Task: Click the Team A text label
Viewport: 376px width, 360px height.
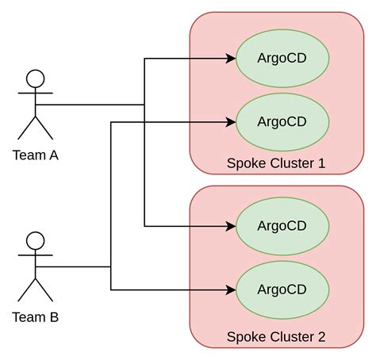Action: (x=35, y=155)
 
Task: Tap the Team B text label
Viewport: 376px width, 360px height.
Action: (x=35, y=317)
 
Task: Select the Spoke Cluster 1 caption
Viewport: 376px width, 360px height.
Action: (x=276, y=164)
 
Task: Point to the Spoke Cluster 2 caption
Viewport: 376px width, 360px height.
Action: (x=276, y=337)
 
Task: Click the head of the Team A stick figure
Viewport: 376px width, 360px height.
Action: (x=35, y=79)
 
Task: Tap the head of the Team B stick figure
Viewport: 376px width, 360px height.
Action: (x=35, y=241)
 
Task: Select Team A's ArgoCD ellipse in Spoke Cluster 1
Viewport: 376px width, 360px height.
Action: (x=282, y=58)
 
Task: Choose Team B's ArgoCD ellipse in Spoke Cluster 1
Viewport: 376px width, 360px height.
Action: (x=282, y=121)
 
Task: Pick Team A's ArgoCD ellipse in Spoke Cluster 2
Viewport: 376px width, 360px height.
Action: (x=282, y=226)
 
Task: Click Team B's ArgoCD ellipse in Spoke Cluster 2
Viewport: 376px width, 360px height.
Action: (x=282, y=289)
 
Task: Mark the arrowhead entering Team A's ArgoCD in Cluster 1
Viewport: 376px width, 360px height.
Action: (x=232, y=58)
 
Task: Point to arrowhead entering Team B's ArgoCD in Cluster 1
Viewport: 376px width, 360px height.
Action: (x=232, y=121)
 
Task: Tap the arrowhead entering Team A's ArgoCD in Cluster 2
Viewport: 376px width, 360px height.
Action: (x=232, y=226)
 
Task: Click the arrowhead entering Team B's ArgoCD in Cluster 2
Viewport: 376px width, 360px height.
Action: (x=232, y=289)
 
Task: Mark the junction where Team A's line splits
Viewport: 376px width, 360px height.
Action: (x=144, y=105)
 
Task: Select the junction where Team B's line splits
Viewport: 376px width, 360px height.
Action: (x=111, y=267)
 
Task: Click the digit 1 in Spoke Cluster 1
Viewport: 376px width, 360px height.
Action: (x=321, y=164)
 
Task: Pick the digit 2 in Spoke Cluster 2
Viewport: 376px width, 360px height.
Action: (x=321, y=337)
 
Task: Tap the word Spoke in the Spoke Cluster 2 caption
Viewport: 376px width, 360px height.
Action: (x=244, y=337)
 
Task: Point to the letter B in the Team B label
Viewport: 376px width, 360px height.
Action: (x=53, y=317)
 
